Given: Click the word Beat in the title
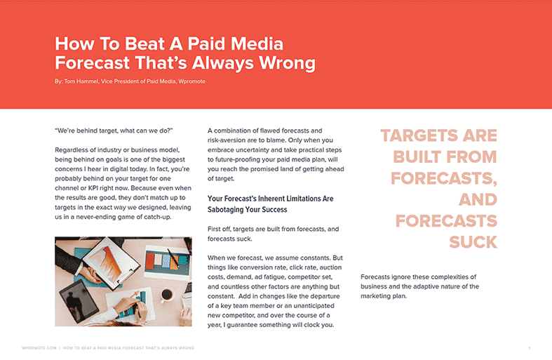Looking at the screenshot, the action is (144, 44).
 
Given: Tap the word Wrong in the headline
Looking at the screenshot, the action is (288, 63).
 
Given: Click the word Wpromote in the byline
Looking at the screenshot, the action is (192, 81).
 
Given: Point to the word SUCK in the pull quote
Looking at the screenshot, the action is (473, 242).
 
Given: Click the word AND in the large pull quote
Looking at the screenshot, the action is (478, 200).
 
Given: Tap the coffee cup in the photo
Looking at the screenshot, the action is (167, 295).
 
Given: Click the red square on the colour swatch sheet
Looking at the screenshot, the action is (150, 260).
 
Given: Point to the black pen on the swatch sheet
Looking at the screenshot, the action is (173, 256).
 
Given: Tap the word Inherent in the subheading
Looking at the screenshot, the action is (271, 199).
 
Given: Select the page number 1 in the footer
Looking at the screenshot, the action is (530, 348).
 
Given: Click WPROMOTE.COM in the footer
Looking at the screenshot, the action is (39, 348).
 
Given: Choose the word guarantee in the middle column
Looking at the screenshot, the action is (242, 325).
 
